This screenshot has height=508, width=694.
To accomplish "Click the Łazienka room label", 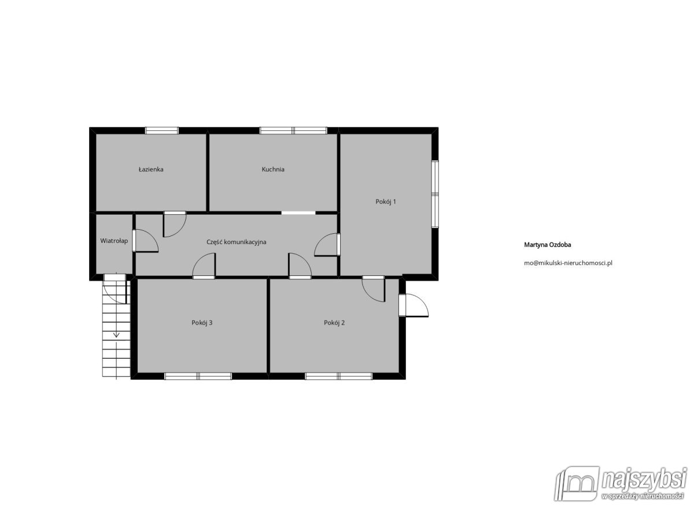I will tap(151, 170).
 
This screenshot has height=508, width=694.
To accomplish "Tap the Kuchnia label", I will tap(273, 170).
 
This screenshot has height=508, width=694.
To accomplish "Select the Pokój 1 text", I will tap(386, 202).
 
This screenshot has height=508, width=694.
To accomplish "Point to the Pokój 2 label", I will tap(334, 323).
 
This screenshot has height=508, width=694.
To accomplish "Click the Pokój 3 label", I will tap(202, 323).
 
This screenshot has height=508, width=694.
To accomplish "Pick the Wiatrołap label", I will tap(114, 241).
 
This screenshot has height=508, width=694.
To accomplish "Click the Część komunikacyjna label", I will tap(236, 242).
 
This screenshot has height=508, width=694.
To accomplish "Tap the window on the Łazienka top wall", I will tap(162, 130).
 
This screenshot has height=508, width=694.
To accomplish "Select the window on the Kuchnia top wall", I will tap(293, 130).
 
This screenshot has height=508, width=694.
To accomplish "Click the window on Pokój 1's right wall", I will tap(435, 194).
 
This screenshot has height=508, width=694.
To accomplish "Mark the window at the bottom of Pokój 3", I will tap(198, 376).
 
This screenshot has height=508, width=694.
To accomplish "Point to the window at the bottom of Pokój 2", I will tap(339, 376).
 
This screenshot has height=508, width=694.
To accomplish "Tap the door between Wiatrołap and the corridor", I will tap(146, 242).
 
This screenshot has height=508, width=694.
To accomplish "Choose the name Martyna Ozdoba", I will tap(548, 245).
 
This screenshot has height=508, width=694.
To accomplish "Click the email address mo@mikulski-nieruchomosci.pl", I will tap(568, 263).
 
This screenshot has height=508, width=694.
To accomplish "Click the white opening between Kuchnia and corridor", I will tap(298, 213).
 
